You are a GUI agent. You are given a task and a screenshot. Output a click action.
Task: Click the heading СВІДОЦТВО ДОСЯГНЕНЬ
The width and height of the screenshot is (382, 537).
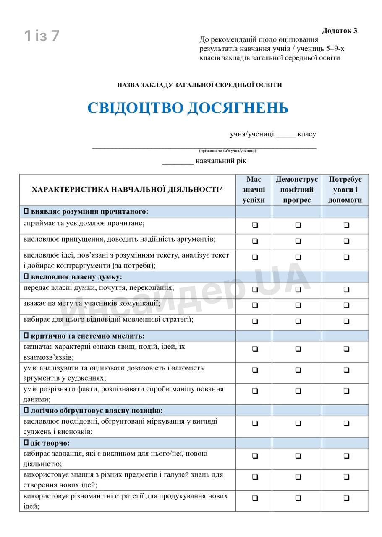[188, 108]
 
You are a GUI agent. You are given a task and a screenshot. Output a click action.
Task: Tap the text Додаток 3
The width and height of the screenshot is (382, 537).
[339, 31]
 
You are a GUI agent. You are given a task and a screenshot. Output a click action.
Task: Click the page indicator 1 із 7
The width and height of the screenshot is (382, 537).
[42, 36]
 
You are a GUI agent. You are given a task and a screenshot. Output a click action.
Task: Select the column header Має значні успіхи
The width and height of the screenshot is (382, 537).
[254, 190]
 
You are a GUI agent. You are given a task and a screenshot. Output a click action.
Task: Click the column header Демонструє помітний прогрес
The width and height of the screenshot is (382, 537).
[297, 190]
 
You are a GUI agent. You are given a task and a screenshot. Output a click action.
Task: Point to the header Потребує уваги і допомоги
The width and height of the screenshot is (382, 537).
[345, 190]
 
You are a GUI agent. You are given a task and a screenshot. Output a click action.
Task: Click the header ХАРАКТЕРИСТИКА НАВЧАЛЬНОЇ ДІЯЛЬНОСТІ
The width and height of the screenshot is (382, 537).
[127, 190]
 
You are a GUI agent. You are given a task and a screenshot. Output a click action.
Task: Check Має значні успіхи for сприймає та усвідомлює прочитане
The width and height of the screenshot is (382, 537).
[255, 225]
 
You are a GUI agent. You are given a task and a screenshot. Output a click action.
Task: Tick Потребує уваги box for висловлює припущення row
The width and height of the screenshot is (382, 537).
[346, 241]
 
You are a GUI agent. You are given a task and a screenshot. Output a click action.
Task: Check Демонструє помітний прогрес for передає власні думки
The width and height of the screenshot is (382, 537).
[298, 289]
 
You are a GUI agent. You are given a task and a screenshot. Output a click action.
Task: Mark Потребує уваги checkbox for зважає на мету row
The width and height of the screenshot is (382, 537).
[346, 305]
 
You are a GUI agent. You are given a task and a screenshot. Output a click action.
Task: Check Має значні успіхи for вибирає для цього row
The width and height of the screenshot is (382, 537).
[255, 321]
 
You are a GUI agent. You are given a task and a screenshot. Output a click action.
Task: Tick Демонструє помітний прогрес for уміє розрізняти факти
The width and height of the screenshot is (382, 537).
[298, 391]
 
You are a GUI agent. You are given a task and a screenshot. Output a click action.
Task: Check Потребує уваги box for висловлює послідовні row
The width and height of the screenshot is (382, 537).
[346, 423]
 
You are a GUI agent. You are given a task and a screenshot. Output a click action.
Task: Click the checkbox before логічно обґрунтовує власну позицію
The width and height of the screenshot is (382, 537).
[26, 410]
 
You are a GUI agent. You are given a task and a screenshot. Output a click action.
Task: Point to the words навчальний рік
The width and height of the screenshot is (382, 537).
[221, 161]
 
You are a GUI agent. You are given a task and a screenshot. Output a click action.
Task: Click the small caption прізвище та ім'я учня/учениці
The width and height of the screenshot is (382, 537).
[227, 151]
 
